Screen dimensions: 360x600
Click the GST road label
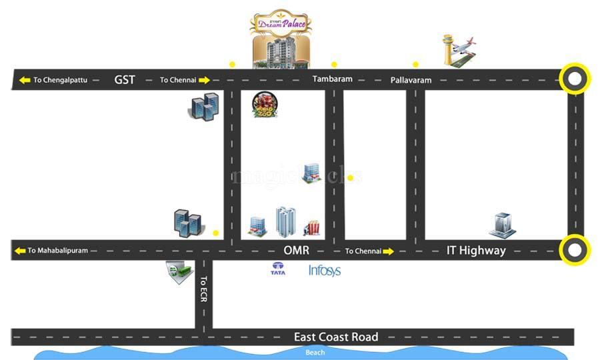click(x=125, y=80)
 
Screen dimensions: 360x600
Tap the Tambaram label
click(x=332, y=79)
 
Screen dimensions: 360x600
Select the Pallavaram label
click(x=411, y=80)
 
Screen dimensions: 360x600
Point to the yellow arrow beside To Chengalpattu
click(x=25, y=80)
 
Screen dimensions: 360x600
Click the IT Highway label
click(x=476, y=251)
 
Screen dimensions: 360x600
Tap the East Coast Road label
click(x=336, y=337)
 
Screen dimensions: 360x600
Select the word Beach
click(x=315, y=353)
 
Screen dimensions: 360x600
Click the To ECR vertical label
click(x=203, y=289)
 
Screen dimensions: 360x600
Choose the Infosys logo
click(x=325, y=271)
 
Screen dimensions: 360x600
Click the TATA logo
click(x=278, y=269)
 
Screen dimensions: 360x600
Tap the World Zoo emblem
click(x=265, y=105)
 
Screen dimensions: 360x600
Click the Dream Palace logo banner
click(x=281, y=23)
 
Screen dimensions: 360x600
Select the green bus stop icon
click(x=179, y=272)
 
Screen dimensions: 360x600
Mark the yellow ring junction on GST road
click(x=575, y=80)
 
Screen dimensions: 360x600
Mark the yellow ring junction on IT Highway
click(x=575, y=251)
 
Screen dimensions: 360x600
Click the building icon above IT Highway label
click(x=502, y=225)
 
